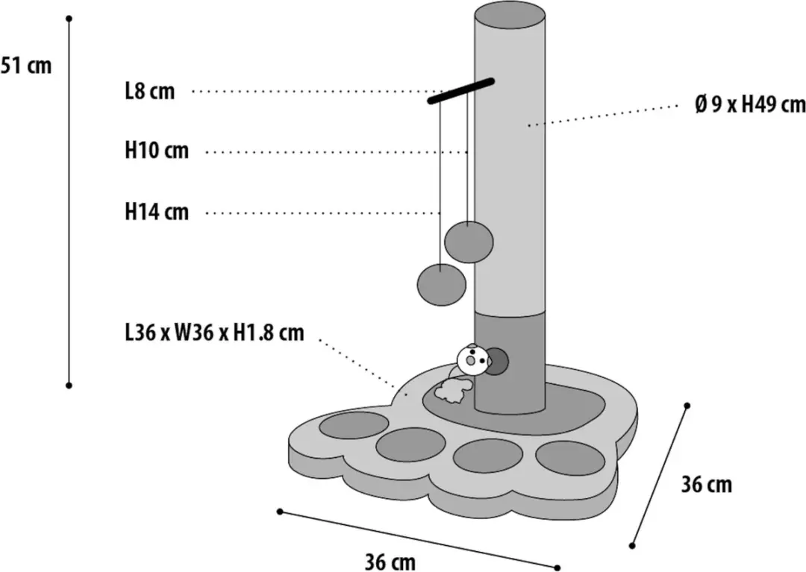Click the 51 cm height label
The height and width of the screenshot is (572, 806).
(25, 66)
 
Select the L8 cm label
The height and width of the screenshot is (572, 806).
(150, 92)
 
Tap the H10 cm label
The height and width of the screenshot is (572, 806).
(157, 151)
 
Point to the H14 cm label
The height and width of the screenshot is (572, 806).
(157, 212)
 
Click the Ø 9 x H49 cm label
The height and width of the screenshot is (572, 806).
(750, 104)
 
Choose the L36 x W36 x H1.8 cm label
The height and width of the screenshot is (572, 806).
(214, 333)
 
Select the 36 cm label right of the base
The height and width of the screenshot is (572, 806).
(707, 484)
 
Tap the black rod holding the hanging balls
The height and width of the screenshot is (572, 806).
(461, 91)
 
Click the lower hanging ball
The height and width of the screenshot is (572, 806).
(442, 284)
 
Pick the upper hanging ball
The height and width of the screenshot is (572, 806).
(469, 242)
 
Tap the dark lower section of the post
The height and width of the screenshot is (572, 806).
(510, 362)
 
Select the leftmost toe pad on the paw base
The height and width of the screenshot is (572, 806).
(354, 425)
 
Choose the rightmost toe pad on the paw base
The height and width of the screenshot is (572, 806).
(571, 458)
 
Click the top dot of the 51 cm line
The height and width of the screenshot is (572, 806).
(69, 19)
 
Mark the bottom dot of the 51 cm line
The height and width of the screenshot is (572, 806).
(69, 385)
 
